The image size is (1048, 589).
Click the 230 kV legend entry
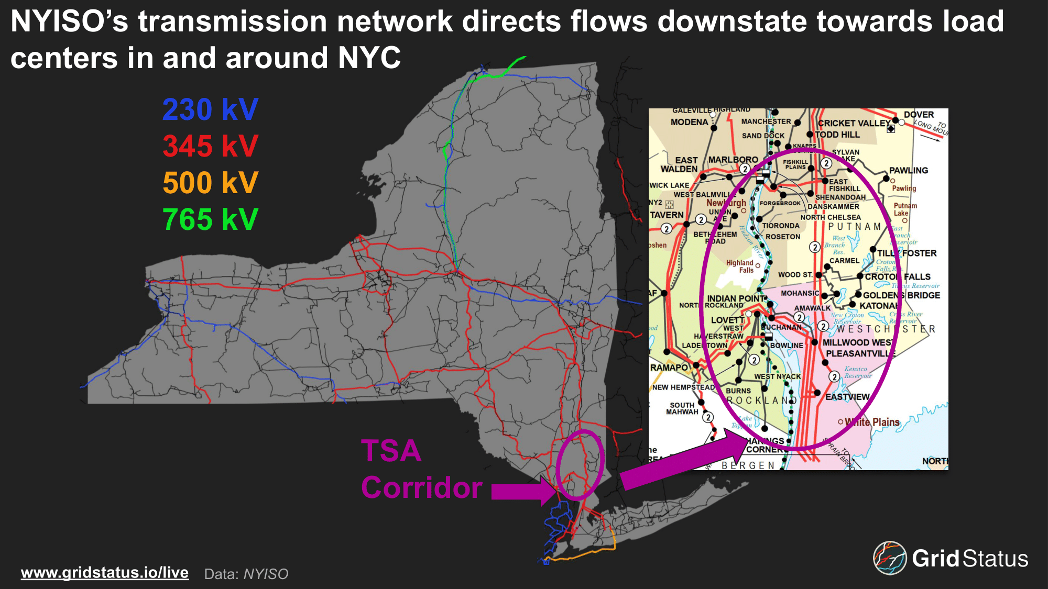(x=210, y=109)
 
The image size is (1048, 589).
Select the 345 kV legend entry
(x=210, y=146)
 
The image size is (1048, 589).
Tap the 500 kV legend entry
(x=210, y=183)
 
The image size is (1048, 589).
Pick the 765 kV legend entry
(x=210, y=219)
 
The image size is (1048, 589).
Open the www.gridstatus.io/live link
(x=105, y=572)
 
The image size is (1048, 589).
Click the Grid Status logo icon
(x=889, y=558)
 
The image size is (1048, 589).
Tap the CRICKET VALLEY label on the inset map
(x=854, y=124)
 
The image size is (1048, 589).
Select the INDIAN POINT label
(x=736, y=298)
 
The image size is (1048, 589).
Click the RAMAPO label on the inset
(x=669, y=368)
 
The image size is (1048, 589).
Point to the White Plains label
(x=872, y=422)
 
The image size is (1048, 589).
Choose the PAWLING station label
(x=908, y=171)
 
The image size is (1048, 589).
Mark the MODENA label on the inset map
(x=689, y=122)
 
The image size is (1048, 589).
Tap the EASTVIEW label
(x=847, y=397)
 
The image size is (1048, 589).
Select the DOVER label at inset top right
(x=919, y=115)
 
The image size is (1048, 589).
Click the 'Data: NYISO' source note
(x=246, y=574)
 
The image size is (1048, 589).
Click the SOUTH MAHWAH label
(x=682, y=408)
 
